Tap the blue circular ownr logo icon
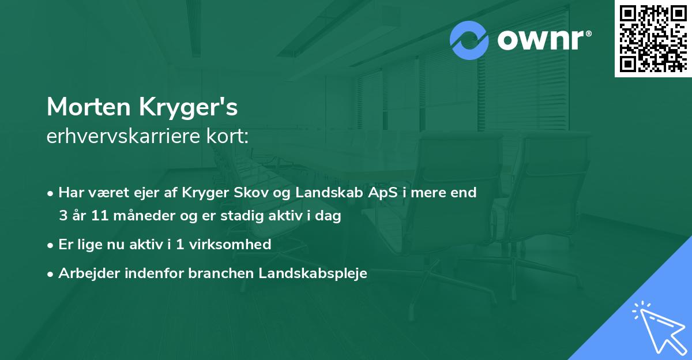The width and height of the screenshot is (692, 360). point(469,40)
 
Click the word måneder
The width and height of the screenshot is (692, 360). point(134,216)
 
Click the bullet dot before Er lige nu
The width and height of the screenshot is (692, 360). point(51,245)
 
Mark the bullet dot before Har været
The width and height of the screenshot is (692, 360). point(51,193)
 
